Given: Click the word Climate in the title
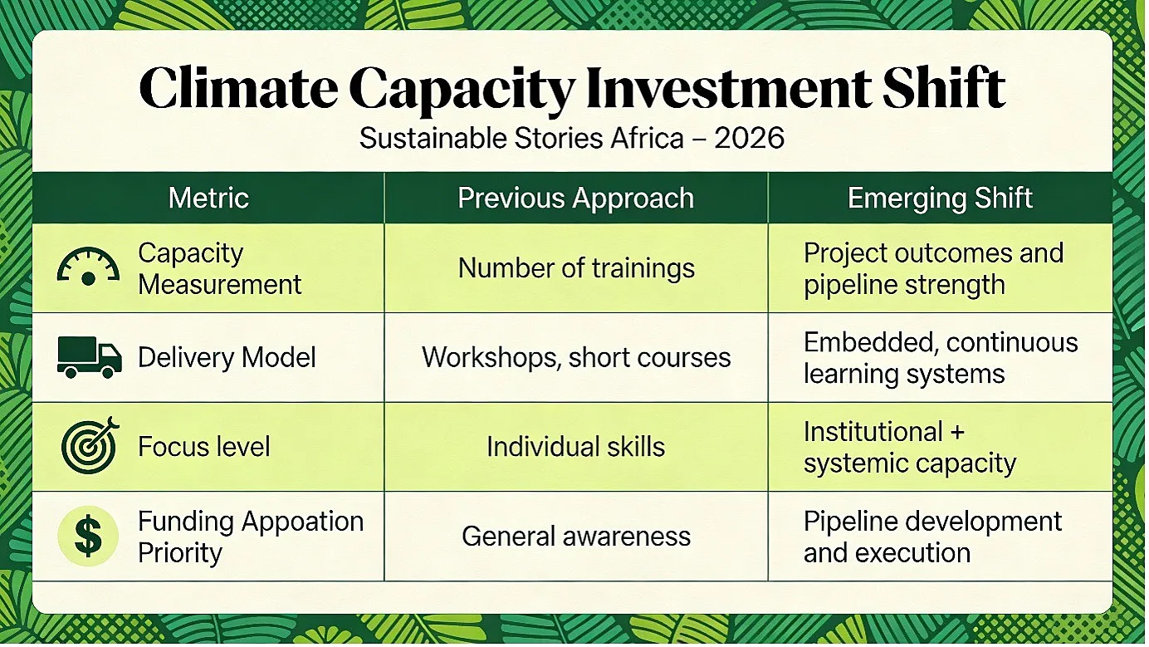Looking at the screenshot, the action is coord(238,88).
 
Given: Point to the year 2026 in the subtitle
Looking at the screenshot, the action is coord(749,138).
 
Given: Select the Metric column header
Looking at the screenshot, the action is coord(208,198).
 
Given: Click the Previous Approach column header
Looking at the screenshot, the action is coord(575,199).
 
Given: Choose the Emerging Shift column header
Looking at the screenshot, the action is coord(940,199).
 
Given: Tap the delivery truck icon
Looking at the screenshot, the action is coord(90,357).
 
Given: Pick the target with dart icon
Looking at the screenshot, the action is coord(90,445).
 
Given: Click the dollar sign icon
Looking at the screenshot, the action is coord(88,536).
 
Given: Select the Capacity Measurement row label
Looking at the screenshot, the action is coord(219,269).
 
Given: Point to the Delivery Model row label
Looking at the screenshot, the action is coord(227,358).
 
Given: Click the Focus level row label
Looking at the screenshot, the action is coord(203,446).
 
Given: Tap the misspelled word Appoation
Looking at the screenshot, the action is coord(303,522).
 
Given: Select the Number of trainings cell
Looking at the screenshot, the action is coord(576,269).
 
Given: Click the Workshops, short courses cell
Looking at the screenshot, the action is coord(576,358).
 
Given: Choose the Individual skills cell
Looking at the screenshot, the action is coord(575,446).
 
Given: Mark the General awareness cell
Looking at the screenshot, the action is coord(576,537).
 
